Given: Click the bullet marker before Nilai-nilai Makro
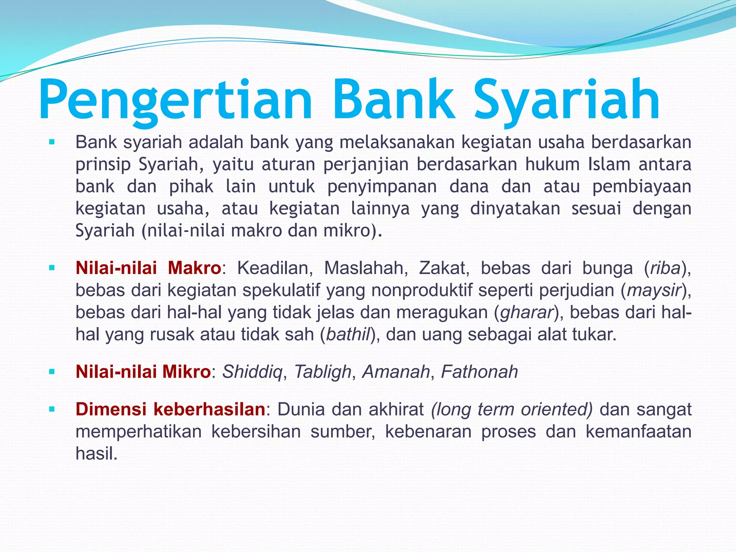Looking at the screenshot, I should (x=52, y=268).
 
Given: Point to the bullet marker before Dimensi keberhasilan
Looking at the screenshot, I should (x=52, y=409).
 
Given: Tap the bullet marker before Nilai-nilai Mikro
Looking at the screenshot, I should (x=52, y=372).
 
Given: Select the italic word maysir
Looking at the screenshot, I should (x=654, y=290).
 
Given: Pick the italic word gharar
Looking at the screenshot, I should (x=526, y=312).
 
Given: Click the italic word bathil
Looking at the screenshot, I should (x=348, y=335).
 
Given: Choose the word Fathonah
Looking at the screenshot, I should (x=479, y=372).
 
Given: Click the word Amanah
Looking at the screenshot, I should (x=396, y=372).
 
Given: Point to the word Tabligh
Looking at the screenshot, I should (x=322, y=372).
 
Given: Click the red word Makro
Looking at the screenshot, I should (x=194, y=268).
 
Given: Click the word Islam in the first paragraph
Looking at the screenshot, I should (x=609, y=165).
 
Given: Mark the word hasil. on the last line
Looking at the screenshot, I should (x=96, y=454).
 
